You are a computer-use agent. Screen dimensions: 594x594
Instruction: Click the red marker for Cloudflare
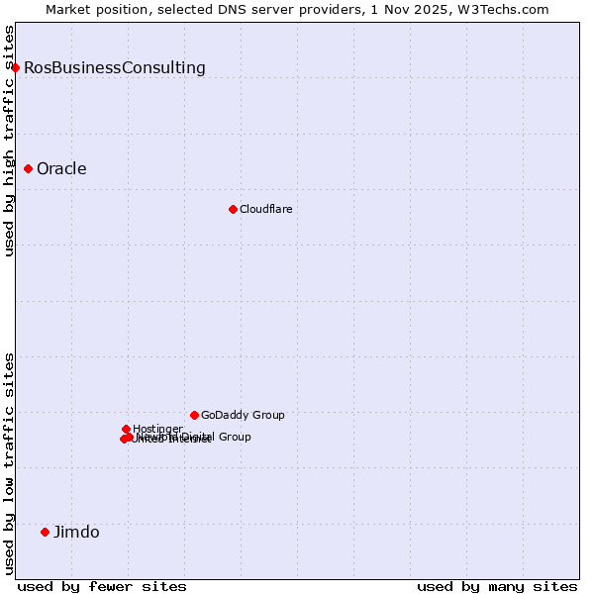click(x=233, y=209)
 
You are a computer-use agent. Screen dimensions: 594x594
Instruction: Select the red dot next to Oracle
click(x=29, y=168)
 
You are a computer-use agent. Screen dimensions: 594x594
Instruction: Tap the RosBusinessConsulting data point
click(x=16, y=67)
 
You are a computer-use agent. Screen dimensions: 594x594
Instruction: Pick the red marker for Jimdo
click(x=45, y=532)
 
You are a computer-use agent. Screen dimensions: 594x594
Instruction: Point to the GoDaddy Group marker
click(x=194, y=415)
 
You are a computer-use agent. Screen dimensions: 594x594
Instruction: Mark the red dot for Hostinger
click(x=126, y=429)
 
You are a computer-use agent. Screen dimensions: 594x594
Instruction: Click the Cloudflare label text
click(x=265, y=209)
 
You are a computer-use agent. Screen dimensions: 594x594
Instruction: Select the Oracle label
click(x=61, y=168)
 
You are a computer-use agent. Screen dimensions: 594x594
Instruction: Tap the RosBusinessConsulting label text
click(x=115, y=67)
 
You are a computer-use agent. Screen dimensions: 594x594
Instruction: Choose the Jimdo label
click(x=76, y=532)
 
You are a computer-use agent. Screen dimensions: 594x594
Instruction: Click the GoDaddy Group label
click(x=243, y=415)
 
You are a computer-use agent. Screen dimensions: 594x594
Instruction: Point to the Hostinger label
click(x=157, y=429)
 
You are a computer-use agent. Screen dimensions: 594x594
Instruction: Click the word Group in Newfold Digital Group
click(x=234, y=437)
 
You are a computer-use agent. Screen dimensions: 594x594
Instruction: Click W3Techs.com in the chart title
click(x=507, y=9)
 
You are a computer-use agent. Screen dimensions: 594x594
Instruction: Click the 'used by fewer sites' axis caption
click(x=102, y=586)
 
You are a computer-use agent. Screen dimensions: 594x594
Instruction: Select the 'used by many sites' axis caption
click(x=497, y=586)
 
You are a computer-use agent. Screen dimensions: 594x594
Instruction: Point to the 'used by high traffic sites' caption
click(x=9, y=141)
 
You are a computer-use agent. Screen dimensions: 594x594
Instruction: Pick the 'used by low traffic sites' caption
click(x=9, y=463)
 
